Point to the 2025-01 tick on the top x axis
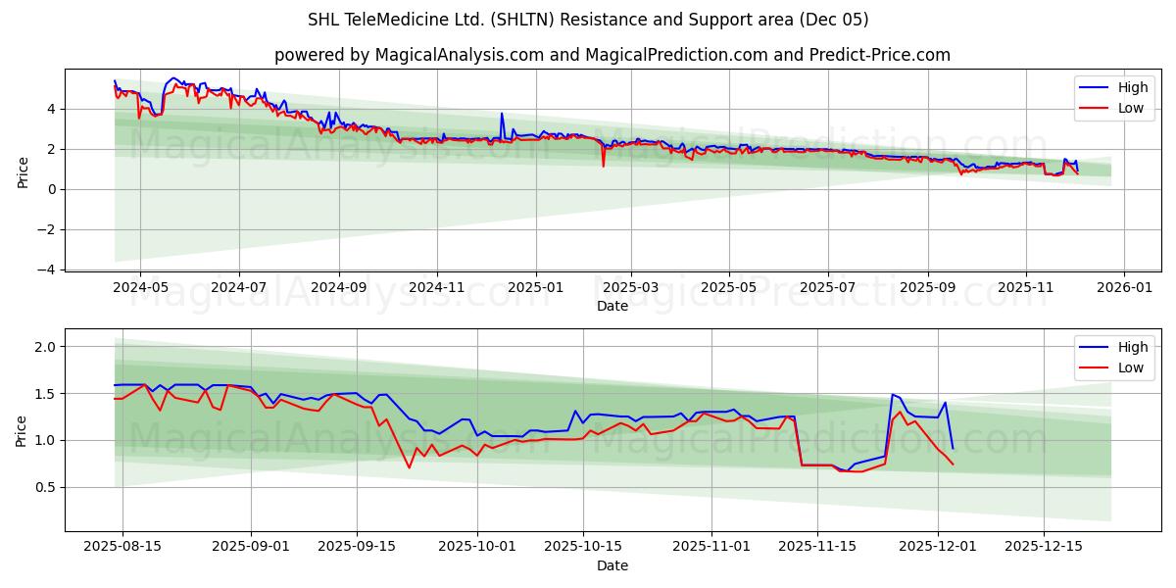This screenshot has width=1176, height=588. pos(536,288)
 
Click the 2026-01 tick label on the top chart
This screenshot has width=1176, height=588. pos(1124,288)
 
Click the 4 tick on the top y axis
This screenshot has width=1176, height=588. pos(52,109)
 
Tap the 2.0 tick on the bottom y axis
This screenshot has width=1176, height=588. pos(45,347)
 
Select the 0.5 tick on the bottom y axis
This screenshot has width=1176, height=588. pos(45,487)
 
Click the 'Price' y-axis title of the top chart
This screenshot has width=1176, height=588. pos(24,171)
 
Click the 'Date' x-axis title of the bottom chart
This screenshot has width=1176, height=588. pos(612,565)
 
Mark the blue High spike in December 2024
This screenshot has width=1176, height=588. pos(502,114)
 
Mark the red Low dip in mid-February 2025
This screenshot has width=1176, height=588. pos(603,165)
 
